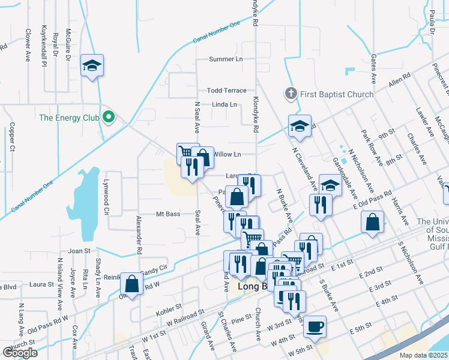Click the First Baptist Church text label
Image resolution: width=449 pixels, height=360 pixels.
pos(336,94)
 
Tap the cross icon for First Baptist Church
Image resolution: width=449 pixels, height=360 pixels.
pos(291,94)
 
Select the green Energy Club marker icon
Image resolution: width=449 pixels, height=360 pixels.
pos(109,118)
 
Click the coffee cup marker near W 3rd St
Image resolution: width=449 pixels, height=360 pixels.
pos(315,327)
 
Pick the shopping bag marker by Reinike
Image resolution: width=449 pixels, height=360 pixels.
pos(131,284)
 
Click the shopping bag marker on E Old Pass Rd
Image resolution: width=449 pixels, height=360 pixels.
pos(373,222)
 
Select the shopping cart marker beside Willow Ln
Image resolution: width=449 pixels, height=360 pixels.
pos(188,153)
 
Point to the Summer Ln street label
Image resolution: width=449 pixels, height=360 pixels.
pos(226,59)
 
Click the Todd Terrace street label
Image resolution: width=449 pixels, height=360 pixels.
pos(226,91)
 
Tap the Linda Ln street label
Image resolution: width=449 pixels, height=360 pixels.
pos(224,104)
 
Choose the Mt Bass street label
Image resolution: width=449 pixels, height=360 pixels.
pos(168,214)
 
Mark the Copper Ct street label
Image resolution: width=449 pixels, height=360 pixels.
pos(11,137)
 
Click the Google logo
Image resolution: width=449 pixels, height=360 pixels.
pos(20,353)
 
